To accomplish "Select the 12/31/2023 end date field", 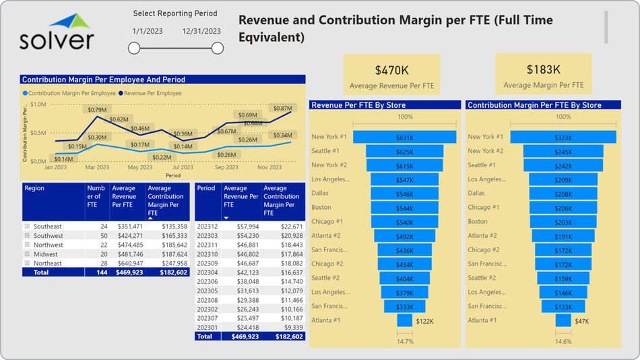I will point(201,31).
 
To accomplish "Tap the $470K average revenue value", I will point(391,69).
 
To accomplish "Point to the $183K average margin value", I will point(544,69).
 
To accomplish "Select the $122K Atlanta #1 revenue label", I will point(425,321).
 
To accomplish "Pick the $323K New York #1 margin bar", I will point(563,137).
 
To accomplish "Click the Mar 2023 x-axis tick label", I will point(98,167).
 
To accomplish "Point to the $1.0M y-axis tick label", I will point(38,104).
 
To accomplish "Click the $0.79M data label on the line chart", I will point(97,109).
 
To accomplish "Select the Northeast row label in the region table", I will point(48,264).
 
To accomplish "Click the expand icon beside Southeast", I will point(27,227).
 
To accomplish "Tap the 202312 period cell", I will point(206,227).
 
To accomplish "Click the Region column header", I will point(34,188).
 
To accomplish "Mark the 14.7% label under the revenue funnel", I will point(404,342).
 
